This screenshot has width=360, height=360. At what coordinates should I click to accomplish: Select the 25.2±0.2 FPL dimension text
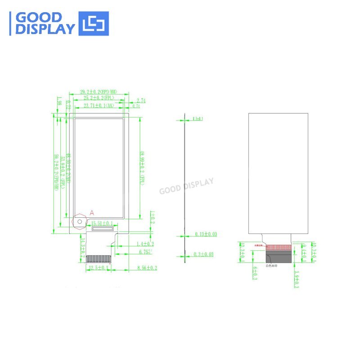pyautogui.click(x=99, y=98)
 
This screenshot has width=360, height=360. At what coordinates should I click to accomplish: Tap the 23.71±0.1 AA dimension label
pyautogui.click(x=99, y=106)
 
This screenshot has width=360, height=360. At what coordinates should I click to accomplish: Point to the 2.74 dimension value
pyautogui.click(x=141, y=101)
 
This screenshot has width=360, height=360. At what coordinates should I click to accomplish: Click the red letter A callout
pyautogui.click(x=92, y=212)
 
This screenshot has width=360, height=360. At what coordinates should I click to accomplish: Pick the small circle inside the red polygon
pyautogui.click(x=80, y=220)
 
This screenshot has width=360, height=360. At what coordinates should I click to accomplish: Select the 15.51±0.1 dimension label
pyautogui.click(x=102, y=223)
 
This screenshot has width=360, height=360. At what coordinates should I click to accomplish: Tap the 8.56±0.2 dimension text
pyautogui.click(x=147, y=268)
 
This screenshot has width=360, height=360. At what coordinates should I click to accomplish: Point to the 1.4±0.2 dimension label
pyautogui.click(x=144, y=243)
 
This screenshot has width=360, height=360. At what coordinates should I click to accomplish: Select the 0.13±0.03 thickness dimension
pyautogui.click(x=206, y=234)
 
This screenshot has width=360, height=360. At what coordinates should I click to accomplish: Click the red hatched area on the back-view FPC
pyautogui.click(x=279, y=247)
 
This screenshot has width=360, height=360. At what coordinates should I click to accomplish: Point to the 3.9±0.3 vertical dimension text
pyautogui.click(x=296, y=279)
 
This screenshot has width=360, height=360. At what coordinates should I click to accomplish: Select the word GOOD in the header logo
pyautogui.click(x=39, y=18)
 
